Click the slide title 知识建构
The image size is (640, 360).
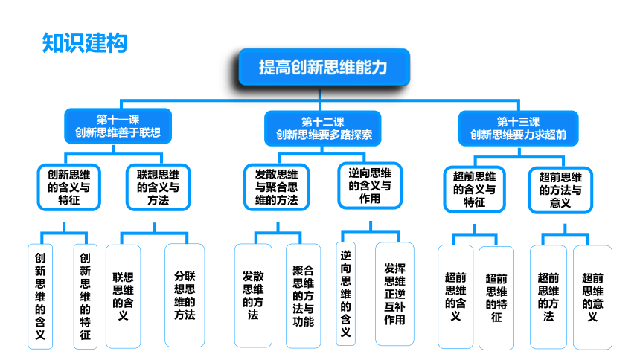point(85,43)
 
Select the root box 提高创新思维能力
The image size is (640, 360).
point(324,68)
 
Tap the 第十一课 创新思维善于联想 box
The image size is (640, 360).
point(118,126)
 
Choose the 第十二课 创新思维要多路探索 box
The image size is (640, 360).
point(323,128)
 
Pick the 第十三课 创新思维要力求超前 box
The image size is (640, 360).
point(519,128)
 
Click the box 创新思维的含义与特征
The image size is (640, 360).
point(69,187)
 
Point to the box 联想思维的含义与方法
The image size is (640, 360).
point(159,187)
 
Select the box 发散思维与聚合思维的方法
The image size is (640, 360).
point(276,187)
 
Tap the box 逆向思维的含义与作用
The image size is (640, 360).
point(370,186)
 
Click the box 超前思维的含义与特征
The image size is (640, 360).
point(474,190)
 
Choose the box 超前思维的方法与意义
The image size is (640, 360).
point(560,190)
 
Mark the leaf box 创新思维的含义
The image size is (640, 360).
point(40,297)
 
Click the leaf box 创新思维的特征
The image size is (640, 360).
point(86,297)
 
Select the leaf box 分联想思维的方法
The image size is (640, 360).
point(185,295)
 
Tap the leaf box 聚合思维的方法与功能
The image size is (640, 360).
point(304,296)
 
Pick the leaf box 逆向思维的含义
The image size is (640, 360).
point(346,294)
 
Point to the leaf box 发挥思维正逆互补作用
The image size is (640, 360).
point(394,294)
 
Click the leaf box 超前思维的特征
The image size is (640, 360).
point(496,298)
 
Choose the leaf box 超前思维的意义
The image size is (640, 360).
point(592,297)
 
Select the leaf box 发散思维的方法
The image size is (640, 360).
point(253,295)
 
